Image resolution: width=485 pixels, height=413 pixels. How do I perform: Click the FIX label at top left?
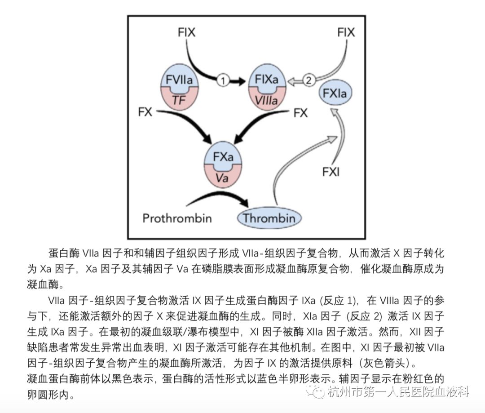(x=186, y=32)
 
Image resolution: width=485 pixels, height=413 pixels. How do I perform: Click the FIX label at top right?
(x=346, y=32)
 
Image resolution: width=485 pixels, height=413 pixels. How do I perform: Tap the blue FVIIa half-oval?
(x=180, y=77)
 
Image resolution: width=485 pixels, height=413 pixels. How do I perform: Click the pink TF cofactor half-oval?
(x=180, y=99)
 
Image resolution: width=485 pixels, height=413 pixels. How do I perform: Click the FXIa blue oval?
(x=335, y=93)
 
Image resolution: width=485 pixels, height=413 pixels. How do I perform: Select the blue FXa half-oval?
(x=223, y=156)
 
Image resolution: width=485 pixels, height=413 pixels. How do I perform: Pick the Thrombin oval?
(x=269, y=219)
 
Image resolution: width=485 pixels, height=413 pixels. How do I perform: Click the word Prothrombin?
(x=177, y=219)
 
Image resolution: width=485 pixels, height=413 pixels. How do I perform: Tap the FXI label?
(x=331, y=172)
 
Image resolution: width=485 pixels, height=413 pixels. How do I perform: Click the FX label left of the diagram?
(x=145, y=111)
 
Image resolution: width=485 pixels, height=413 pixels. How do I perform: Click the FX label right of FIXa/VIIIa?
(x=300, y=113)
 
